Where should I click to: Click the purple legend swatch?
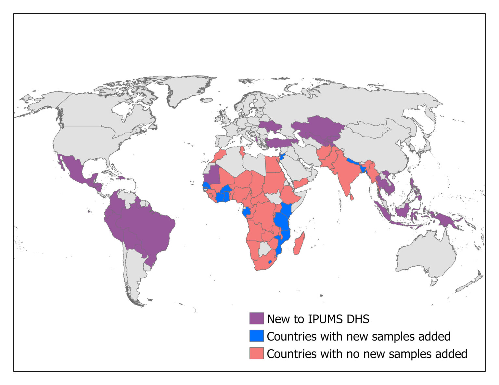click(x=256, y=319)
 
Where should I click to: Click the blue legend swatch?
click(x=256, y=336)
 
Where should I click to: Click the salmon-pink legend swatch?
click(x=256, y=354)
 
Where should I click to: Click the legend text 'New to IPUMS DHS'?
click(x=318, y=319)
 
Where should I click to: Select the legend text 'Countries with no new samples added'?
click(x=367, y=354)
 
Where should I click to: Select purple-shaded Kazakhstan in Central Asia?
click(x=318, y=128)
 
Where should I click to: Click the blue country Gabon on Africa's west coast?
click(x=247, y=212)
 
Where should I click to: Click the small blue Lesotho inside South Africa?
click(x=270, y=261)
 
